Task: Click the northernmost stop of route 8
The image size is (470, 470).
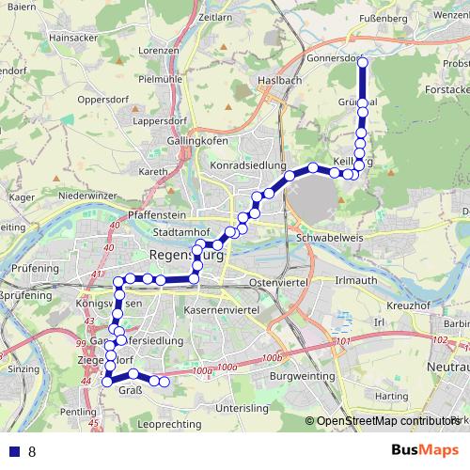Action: tap(363, 62)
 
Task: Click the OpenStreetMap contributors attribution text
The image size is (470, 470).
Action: tap(386, 422)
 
